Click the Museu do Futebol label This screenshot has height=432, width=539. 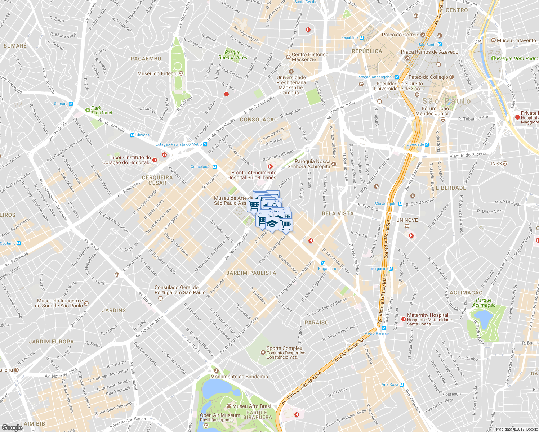click(x=157, y=73)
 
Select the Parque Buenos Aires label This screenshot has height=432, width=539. click(x=233, y=55)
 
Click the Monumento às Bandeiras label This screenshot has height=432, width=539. click(x=239, y=377)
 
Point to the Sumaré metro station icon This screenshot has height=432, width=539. click(x=71, y=104)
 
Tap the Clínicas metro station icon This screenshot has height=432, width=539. click(x=132, y=135)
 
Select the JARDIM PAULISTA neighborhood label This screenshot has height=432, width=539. click(x=251, y=273)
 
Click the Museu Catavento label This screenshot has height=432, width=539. click(x=516, y=40)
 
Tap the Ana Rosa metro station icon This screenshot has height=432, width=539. click(x=401, y=384)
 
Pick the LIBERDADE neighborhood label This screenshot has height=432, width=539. click(x=451, y=188)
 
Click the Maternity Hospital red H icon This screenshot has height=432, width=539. click(x=404, y=319)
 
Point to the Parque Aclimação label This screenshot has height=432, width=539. click(x=484, y=302)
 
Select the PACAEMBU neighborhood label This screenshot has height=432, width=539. click(x=146, y=59)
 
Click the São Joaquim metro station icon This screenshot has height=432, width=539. click(x=400, y=204)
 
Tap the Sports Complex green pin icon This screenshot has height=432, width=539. click(x=263, y=352)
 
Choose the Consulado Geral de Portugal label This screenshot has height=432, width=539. click(x=180, y=290)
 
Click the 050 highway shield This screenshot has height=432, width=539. click(x=478, y=41)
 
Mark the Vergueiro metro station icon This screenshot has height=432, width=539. click(x=391, y=269)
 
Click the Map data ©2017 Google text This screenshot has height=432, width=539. click(x=516, y=429)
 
